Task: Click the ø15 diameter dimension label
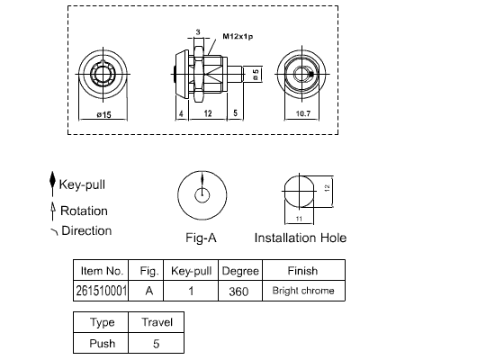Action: coord(103,114)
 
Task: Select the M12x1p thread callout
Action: coord(238,36)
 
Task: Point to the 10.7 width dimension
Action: coord(303,113)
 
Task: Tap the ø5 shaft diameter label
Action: coord(256,75)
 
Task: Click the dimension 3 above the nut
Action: coord(198,31)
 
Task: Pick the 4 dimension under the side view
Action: coord(181,113)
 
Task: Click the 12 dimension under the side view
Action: coord(208,113)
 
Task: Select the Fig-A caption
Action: coord(201,238)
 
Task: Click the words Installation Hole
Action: coord(301,238)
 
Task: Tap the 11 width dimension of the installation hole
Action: coord(299,219)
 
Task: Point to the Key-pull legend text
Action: coord(82,184)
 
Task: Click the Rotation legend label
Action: coord(84,211)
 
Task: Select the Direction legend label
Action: coord(86,230)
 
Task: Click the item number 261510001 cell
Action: coord(101,291)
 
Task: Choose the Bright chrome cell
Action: coord(303,291)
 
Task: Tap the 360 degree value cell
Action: coord(240,291)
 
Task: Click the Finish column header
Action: coord(302,271)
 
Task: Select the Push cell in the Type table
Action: coord(101,343)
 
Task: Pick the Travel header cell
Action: coord(157,322)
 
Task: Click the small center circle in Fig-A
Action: coord(202,195)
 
